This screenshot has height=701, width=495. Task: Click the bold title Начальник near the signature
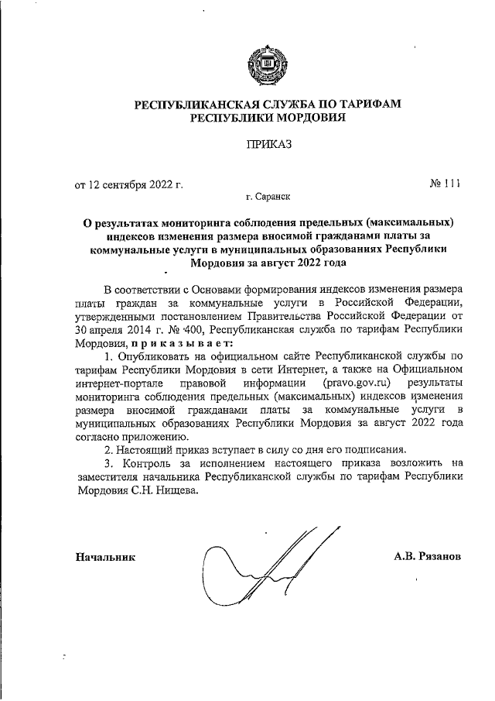pyautogui.click(x=105, y=557)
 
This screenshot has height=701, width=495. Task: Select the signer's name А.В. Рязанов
pyautogui.click(x=428, y=557)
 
